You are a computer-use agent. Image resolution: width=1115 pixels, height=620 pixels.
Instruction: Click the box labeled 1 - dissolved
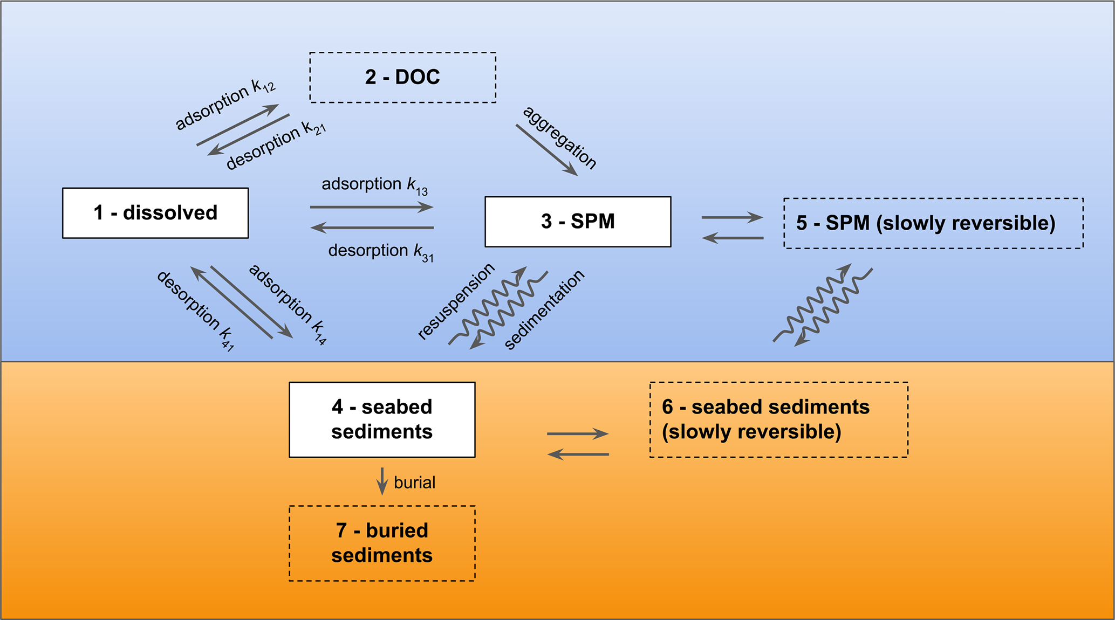coord(155,213)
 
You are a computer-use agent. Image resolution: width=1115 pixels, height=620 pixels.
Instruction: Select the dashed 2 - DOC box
coord(402,77)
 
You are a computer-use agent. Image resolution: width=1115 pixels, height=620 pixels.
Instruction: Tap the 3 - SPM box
coord(578,222)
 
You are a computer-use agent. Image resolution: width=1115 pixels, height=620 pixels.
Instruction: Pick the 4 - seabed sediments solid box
coord(382,419)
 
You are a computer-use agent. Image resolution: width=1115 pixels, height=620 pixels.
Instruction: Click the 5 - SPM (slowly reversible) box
coord(933,223)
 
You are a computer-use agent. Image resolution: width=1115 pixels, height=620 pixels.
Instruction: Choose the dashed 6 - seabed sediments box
coord(778,419)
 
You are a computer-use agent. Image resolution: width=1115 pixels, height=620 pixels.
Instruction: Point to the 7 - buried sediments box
coord(382,543)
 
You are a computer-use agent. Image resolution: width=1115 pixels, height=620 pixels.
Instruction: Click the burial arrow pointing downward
coord(382,481)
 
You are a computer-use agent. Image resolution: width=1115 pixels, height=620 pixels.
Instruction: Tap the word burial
coord(414,483)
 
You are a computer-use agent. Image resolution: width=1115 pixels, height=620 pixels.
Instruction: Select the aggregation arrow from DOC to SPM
coord(546,150)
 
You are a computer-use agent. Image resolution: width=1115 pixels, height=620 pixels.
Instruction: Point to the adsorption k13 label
coord(374,185)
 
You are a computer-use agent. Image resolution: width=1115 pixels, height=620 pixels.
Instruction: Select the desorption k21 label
coord(276,145)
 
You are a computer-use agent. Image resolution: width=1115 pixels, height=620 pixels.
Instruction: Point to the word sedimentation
coord(544,309)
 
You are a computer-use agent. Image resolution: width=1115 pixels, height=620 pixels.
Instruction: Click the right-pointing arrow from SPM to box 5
coord(732,218)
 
